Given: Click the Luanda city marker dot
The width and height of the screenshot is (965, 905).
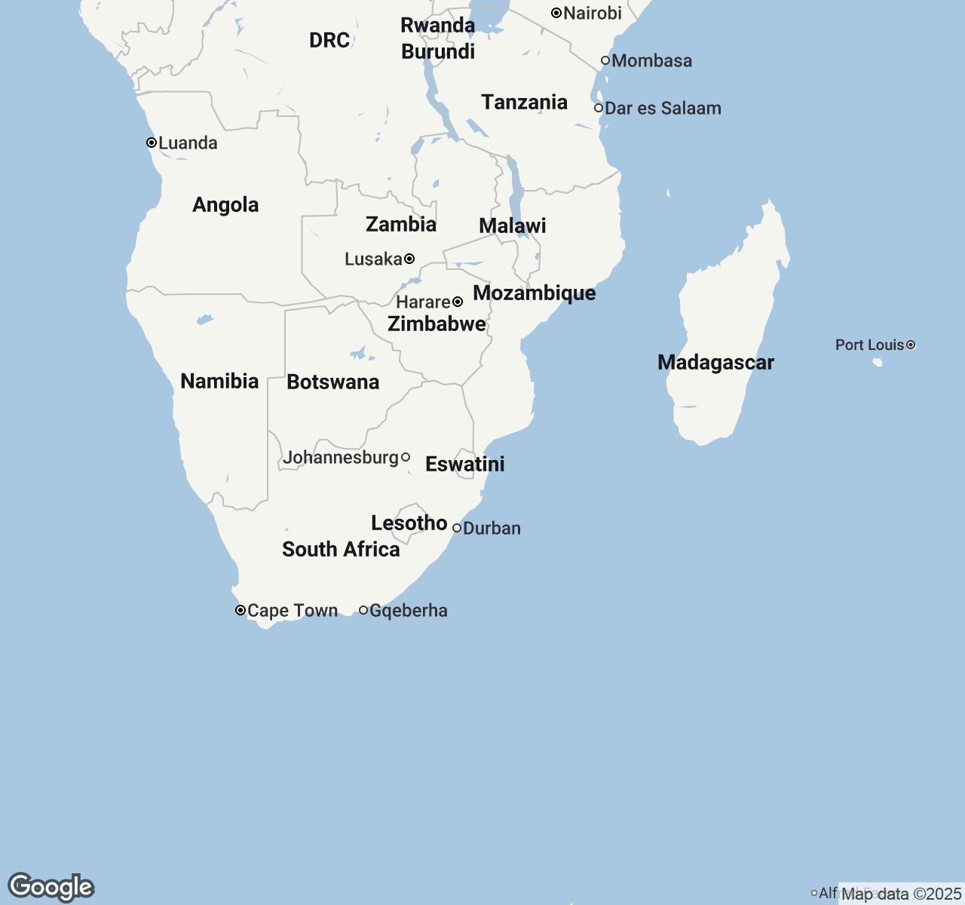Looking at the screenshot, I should (152, 143).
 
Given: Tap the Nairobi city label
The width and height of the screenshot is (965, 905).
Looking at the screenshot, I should (593, 13).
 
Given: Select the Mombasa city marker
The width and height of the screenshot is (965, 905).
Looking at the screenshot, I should (605, 60).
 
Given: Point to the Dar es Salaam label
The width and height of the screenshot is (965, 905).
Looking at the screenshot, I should (663, 108).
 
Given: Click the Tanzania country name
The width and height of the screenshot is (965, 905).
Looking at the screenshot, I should (524, 102).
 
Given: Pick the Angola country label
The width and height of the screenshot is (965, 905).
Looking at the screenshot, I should (225, 204).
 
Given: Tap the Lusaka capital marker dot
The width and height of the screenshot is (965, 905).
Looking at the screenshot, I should (409, 259).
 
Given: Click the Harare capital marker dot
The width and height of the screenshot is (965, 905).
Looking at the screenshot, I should (458, 302).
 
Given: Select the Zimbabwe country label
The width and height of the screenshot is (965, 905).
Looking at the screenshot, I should (437, 324).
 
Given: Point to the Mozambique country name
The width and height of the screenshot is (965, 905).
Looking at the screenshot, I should (534, 293).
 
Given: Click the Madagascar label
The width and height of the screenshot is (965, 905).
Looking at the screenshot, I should (715, 362).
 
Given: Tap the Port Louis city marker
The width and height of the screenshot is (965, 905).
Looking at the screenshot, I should (911, 345).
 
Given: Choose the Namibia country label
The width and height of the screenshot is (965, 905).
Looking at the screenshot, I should (219, 381).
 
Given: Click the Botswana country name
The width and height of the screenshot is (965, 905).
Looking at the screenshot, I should (332, 382).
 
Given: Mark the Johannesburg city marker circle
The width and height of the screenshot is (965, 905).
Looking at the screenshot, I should (406, 457).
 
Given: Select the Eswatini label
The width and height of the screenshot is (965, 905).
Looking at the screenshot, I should (464, 464).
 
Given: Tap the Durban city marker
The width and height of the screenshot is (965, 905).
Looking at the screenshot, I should (457, 528).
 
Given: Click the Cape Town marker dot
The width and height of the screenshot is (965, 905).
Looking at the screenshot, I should (240, 610).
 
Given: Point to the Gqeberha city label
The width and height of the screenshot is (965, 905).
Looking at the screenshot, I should (408, 610).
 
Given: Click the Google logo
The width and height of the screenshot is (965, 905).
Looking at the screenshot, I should (51, 887).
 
